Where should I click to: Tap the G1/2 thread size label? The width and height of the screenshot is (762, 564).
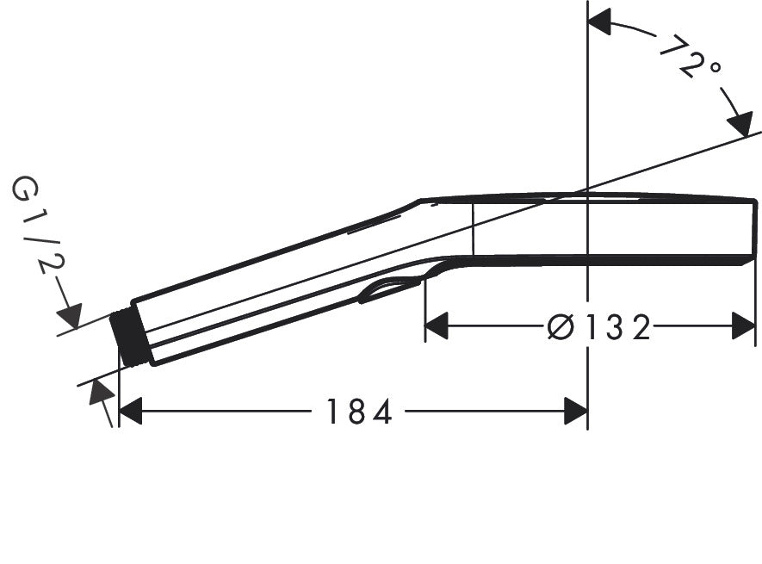[x=36, y=226]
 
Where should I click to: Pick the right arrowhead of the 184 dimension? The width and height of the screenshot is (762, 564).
[x=575, y=412]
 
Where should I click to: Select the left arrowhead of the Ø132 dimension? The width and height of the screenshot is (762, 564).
[x=437, y=327]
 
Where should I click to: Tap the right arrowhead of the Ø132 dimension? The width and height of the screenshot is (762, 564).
[x=743, y=327]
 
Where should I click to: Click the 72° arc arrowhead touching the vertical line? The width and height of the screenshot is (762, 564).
[x=600, y=23]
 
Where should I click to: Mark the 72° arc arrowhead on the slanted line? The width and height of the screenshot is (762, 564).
[x=739, y=123]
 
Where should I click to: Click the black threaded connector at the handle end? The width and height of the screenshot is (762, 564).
[x=132, y=338]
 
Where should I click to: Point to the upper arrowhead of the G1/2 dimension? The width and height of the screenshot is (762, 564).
[x=69, y=315]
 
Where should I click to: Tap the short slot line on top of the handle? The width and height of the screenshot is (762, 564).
[x=375, y=224]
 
